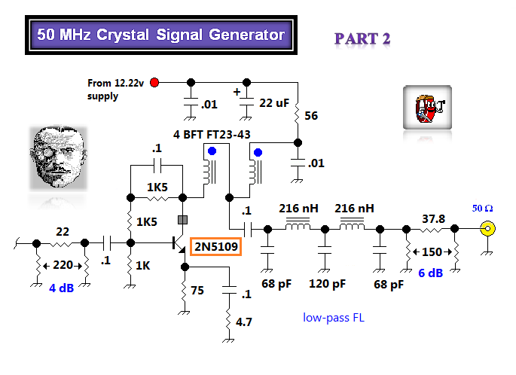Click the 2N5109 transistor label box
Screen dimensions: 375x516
pyautogui.click(x=215, y=247)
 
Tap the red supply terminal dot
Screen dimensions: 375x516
pyautogui.click(x=154, y=82)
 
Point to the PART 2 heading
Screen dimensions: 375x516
pyautogui.click(x=362, y=38)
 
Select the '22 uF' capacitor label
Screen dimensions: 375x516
pyautogui.click(x=273, y=102)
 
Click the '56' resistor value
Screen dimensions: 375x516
pyautogui.click(x=310, y=115)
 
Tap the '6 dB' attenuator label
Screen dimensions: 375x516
pyautogui.click(x=430, y=273)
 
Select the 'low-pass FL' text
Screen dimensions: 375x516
pyautogui.click(x=334, y=319)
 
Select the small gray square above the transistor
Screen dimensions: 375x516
pyautogui.click(x=182, y=221)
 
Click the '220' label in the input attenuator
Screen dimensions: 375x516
pyautogui.click(x=63, y=265)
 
